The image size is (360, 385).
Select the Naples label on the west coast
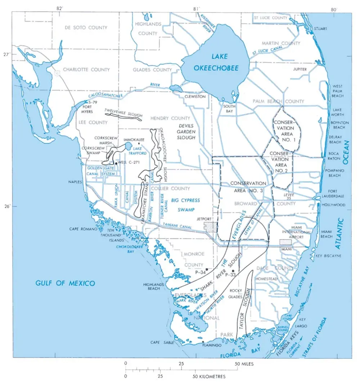[x=75, y=182]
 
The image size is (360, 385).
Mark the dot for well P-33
[x=233, y=271]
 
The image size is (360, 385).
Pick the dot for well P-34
[x=207, y=269]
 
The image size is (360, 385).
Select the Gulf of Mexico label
[x=65, y=283]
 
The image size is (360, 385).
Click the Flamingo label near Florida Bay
[x=212, y=345]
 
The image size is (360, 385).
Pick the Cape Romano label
[x=84, y=229]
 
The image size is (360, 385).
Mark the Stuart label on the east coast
[x=320, y=28]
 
